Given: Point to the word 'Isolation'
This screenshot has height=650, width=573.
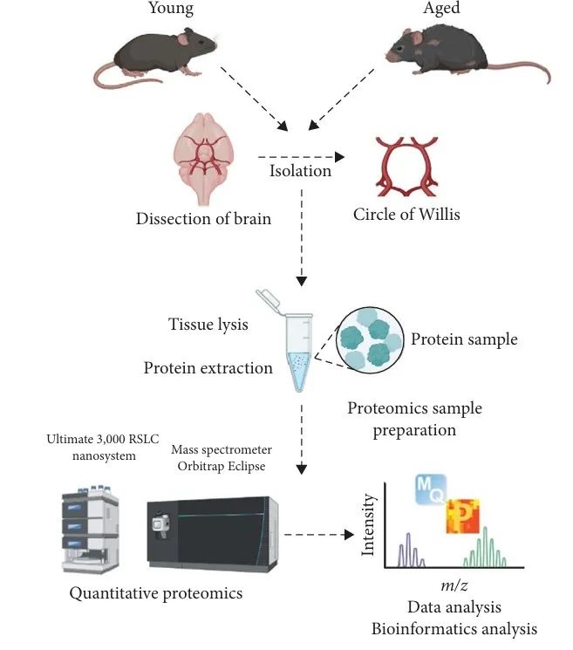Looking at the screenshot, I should (300, 171).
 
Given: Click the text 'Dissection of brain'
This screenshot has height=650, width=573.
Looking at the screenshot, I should (203, 218).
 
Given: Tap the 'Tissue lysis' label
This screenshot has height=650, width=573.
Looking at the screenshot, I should (208, 325).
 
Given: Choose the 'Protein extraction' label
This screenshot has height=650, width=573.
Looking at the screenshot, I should (208, 368).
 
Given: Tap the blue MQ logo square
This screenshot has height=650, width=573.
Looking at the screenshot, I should (431, 488).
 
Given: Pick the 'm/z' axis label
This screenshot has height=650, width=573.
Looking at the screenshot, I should (452, 582).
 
